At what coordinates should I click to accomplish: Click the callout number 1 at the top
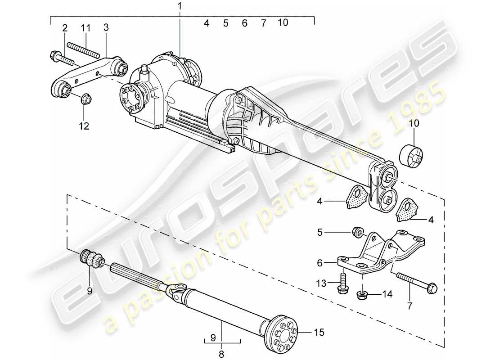click(x=180, y=6)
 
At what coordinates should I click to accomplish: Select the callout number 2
click(x=65, y=28)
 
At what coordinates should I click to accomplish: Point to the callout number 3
click(x=106, y=28)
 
